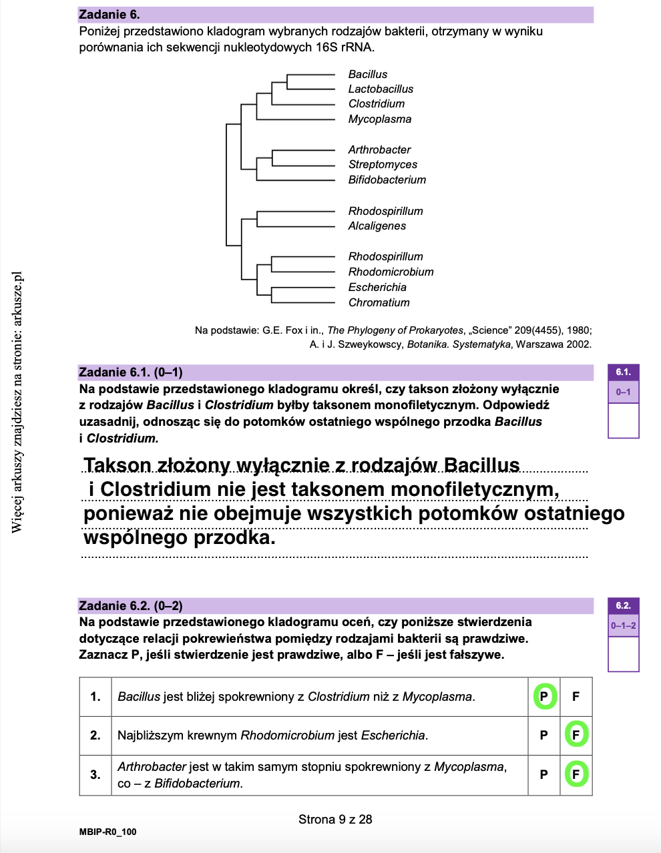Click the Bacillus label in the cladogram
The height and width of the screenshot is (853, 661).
367,74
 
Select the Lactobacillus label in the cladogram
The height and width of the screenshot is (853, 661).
381,89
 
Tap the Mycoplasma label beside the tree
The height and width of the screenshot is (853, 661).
379,119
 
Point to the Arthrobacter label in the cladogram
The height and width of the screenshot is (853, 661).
379,150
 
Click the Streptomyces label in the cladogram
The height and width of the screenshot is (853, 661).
383,164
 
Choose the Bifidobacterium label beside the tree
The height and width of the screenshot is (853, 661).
387,180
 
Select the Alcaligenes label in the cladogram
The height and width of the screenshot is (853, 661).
377,226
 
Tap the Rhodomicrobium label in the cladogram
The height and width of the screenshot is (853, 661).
391,272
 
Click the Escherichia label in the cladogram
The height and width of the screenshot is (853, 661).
377,287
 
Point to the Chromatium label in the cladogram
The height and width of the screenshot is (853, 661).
379,302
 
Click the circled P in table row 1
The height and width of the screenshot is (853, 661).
544,697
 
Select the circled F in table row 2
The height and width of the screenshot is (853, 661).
576,735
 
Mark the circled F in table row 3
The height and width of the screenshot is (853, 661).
576,774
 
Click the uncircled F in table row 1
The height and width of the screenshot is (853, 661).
576,697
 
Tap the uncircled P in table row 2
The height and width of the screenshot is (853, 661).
543,735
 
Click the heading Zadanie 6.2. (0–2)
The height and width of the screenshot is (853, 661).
131,606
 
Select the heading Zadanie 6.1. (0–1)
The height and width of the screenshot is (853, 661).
131,372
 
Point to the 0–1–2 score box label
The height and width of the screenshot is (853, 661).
623,626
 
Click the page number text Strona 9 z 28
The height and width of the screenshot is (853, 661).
335,819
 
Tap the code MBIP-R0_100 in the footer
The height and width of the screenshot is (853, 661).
107,832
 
